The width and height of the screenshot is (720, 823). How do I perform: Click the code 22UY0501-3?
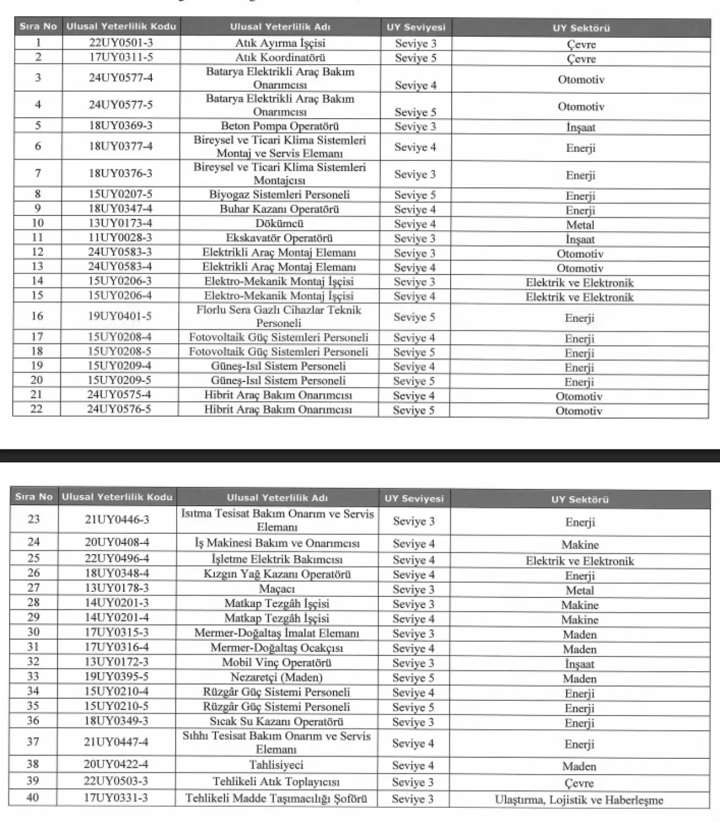click(x=120, y=43)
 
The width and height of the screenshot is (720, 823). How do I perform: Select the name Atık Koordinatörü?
click(x=280, y=57)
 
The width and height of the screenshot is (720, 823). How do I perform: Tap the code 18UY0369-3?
click(x=120, y=125)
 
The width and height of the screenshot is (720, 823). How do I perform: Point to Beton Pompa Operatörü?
click(x=280, y=126)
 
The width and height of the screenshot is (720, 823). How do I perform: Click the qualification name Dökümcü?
click(x=279, y=223)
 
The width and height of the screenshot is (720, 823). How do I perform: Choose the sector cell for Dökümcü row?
click(x=580, y=225)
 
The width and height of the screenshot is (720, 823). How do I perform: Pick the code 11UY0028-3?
click(x=120, y=237)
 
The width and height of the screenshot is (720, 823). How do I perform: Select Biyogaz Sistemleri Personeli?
click(x=280, y=195)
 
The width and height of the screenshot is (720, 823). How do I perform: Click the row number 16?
click(x=37, y=316)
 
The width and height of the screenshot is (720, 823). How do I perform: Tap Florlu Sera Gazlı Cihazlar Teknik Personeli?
click(x=278, y=316)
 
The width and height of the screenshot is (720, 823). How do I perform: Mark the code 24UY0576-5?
click(x=119, y=409)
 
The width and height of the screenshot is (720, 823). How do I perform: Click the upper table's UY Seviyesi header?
click(x=416, y=27)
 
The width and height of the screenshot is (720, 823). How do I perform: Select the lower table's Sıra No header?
click(x=34, y=497)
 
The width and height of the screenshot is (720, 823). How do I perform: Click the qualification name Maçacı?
click(x=277, y=589)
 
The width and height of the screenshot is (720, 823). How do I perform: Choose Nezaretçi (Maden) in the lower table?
click(x=276, y=677)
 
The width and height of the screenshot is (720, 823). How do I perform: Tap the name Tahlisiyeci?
click(x=276, y=764)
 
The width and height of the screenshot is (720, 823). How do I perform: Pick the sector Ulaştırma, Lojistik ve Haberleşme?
click(x=579, y=800)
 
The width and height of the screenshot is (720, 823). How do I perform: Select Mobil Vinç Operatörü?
click(x=276, y=662)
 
